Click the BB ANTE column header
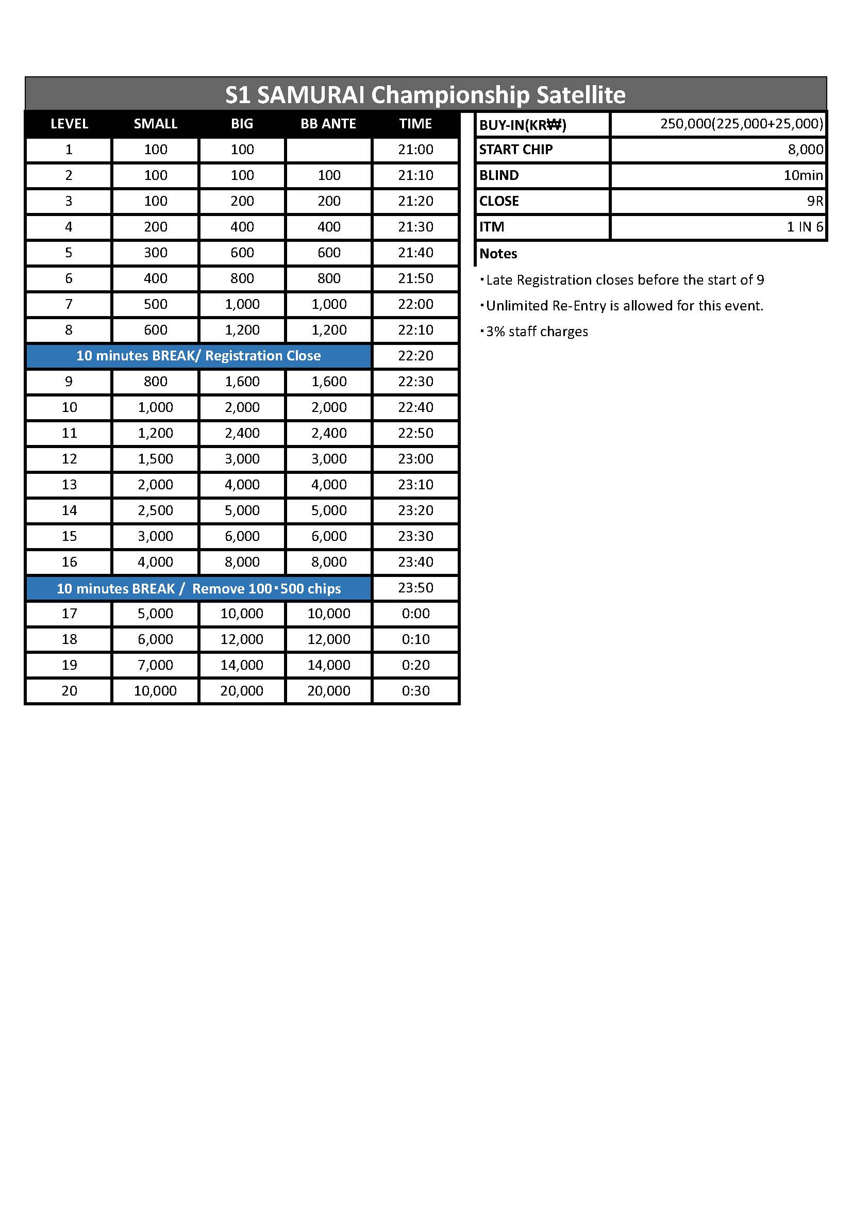point(328,124)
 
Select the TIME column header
point(415,124)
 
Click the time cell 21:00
point(415,150)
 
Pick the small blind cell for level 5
point(155,253)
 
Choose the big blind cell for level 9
point(242,382)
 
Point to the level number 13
point(69,484)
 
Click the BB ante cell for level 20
point(329,690)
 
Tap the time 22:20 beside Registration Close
point(415,356)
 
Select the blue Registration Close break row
point(198,356)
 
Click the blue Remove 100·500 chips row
point(198,588)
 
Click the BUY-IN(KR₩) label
point(522,125)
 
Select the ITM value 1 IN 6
point(805,227)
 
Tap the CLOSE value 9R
point(815,201)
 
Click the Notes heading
point(498,254)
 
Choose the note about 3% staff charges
point(536,332)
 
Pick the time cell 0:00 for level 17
point(415,613)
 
